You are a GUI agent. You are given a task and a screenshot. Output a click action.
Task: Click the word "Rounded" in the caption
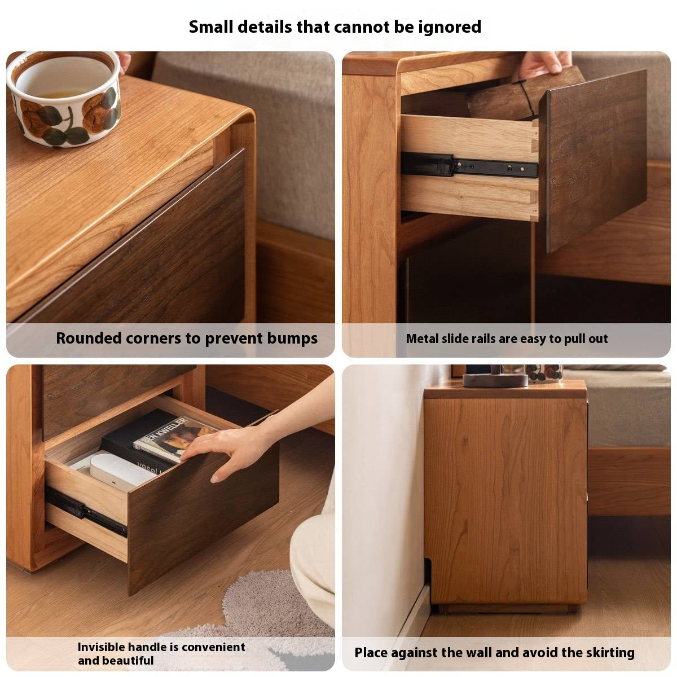(89, 338)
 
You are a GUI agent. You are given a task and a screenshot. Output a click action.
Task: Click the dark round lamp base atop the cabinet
(495, 380)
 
